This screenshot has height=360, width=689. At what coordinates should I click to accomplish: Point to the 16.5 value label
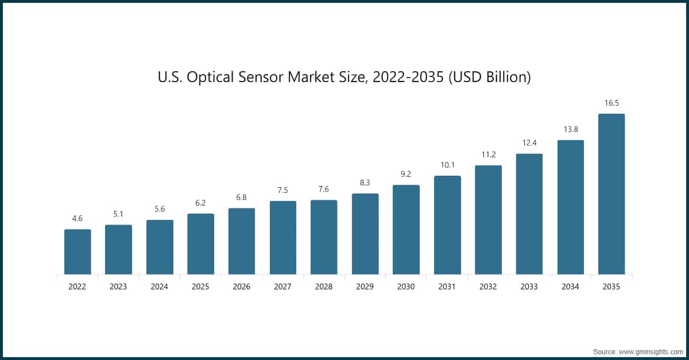(611, 103)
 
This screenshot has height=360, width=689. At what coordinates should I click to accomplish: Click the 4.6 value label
(78, 219)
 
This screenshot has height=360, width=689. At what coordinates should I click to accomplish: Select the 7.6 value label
(324, 189)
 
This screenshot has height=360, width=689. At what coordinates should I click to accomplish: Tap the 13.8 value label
(570, 130)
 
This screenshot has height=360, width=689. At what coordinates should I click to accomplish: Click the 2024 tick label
(159, 287)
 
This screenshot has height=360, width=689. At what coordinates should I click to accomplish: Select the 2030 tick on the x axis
(406, 287)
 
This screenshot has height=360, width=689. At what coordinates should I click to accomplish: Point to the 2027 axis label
(282, 287)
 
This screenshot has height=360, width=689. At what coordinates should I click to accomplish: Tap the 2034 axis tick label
(570, 287)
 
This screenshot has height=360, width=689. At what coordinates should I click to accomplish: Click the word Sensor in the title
(273, 77)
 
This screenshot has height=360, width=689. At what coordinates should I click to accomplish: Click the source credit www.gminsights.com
(650, 350)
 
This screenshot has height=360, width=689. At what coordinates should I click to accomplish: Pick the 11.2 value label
(488, 155)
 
